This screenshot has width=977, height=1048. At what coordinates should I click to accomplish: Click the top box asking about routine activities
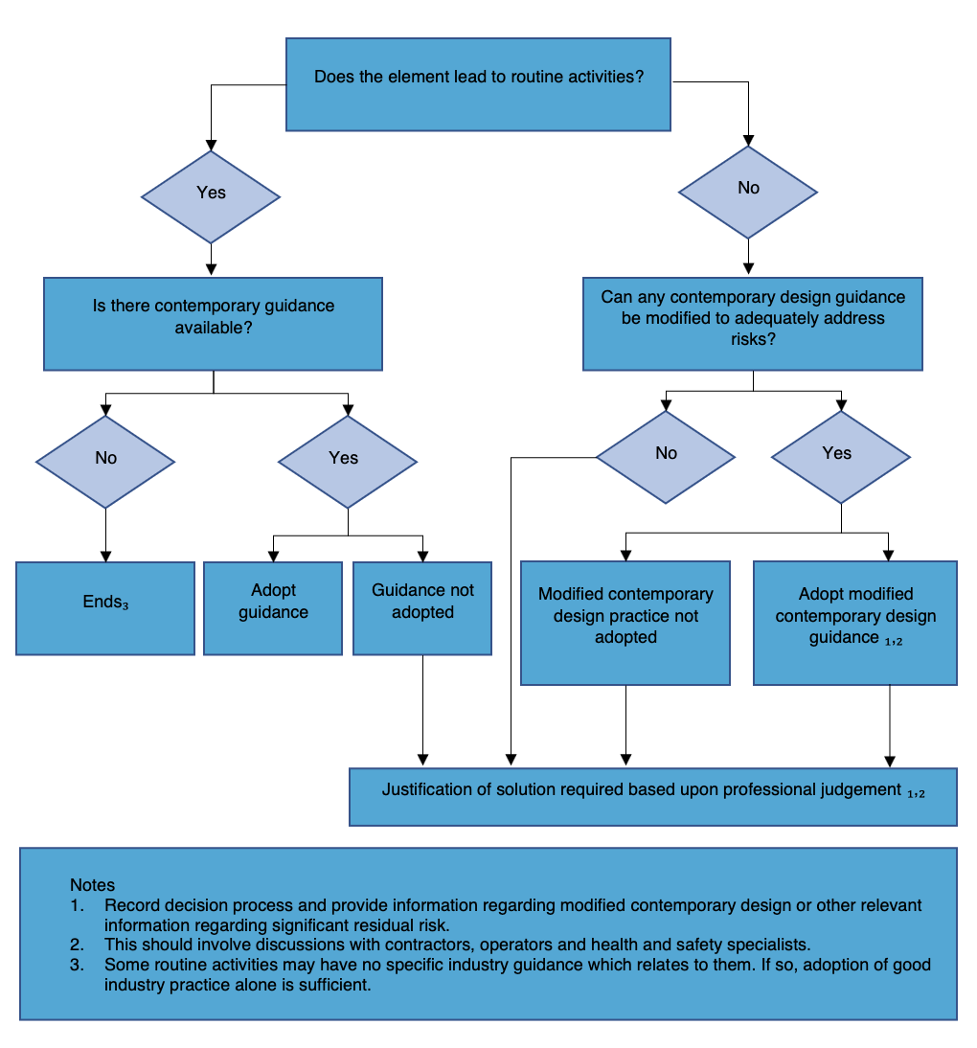[x=478, y=84]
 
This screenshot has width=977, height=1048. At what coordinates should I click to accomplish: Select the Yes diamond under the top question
[x=211, y=196]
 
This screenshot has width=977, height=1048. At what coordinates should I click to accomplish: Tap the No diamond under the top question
[x=748, y=192]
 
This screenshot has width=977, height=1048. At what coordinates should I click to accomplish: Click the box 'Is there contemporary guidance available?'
[x=213, y=323]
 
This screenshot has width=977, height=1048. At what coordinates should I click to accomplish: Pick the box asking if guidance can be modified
[x=752, y=324]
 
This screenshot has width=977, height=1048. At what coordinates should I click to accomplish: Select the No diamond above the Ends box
[x=105, y=461]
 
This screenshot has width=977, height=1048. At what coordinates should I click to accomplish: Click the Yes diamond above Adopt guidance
[x=347, y=461]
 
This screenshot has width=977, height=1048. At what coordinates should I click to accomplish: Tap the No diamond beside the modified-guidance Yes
[x=666, y=456]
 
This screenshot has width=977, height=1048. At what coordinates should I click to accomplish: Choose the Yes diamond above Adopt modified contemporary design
[x=840, y=456]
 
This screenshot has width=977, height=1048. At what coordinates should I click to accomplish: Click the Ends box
[x=104, y=607]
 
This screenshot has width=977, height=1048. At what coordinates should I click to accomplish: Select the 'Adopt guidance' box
[x=273, y=607]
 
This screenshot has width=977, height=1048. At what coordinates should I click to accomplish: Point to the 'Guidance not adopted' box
[x=422, y=607]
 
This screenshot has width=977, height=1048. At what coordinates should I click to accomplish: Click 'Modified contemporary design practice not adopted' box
[x=625, y=623]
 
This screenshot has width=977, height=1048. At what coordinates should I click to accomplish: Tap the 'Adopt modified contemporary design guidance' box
[x=855, y=623]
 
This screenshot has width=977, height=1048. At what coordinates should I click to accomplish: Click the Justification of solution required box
[x=653, y=795]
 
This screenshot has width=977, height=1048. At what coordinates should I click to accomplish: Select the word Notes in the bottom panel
[x=92, y=884]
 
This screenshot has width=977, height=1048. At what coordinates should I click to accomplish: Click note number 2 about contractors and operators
[x=458, y=944]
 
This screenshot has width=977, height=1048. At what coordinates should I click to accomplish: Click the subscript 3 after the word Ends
[x=125, y=605]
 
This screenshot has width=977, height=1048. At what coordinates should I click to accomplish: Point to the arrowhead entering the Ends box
[x=105, y=556]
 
